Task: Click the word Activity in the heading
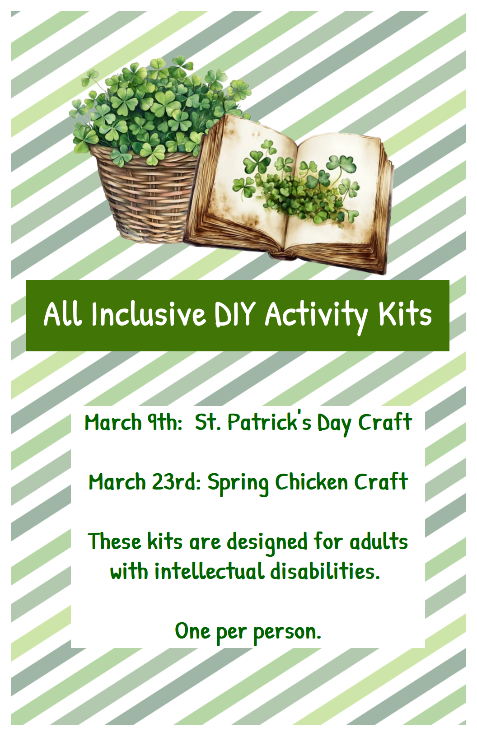click(316, 316)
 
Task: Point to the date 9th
click(163, 422)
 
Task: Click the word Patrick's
click(269, 422)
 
